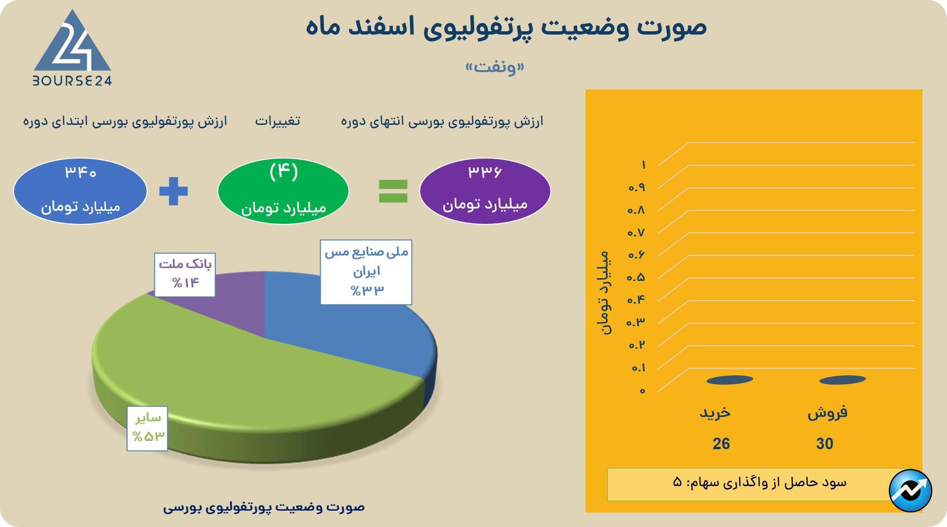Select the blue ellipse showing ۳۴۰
(x=80, y=191)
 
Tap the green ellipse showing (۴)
(x=283, y=191)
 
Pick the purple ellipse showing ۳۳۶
(x=485, y=191)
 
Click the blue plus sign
(x=174, y=191)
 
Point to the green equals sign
(x=393, y=191)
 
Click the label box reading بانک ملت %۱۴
(x=185, y=274)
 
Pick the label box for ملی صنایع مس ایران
(x=366, y=272)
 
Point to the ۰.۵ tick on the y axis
(x=635, y=277)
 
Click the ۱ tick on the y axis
(x=643, y=165)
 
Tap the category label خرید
(x=715, y=413)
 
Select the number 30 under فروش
(x=824, y=444)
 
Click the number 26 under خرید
(x=721, y=444)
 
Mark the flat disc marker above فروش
(x=842, y=380)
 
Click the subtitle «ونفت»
(x=495, y=67)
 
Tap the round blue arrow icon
(x=910, y=490)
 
